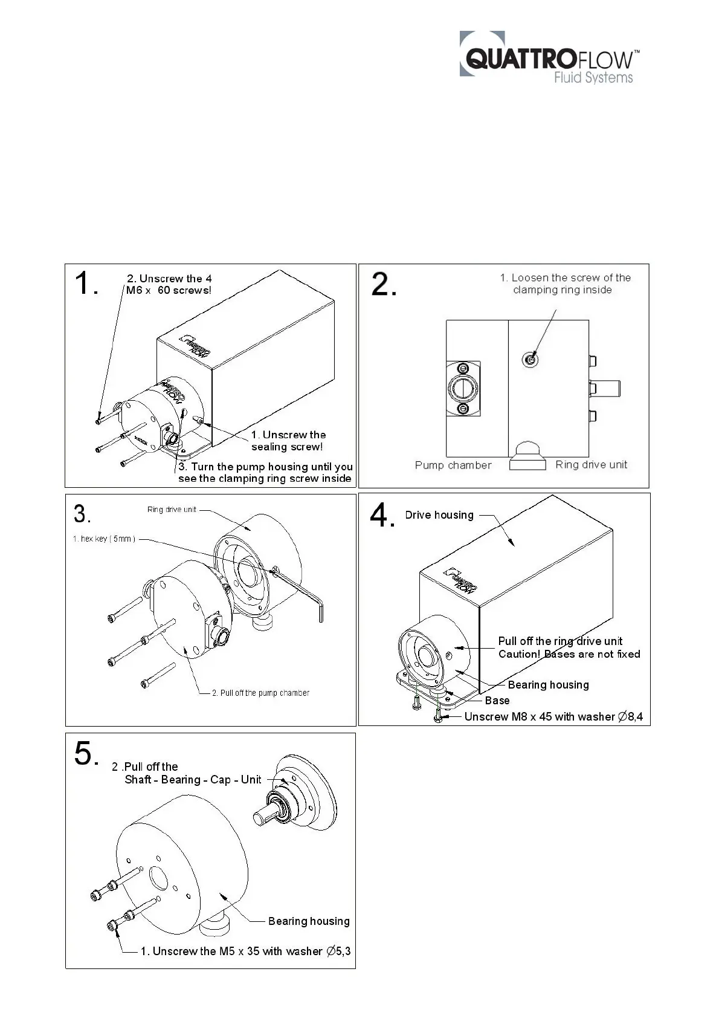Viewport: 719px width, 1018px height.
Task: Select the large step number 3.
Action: [82, 514]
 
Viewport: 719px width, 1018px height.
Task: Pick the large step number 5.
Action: [85, 754]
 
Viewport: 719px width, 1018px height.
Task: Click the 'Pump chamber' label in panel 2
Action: [453, 465]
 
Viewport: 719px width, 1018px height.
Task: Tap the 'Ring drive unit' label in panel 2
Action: [591, 464]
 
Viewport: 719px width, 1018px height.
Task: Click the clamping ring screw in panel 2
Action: [530, 360]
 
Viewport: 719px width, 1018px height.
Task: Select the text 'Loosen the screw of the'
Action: [570, 278]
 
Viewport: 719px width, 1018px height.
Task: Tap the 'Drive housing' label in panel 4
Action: [439, 515]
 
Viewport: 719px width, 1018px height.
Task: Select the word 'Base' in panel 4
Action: [497, 700]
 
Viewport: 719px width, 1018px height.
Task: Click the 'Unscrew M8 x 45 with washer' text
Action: [539, 716]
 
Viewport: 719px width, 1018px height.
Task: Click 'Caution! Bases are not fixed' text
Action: [569, 654]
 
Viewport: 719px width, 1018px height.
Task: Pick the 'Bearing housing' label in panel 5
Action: [309, 921]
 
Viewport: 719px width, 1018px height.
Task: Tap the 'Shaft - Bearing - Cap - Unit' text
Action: [193, 780]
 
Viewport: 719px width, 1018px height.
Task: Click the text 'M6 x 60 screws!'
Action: [169, 290]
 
